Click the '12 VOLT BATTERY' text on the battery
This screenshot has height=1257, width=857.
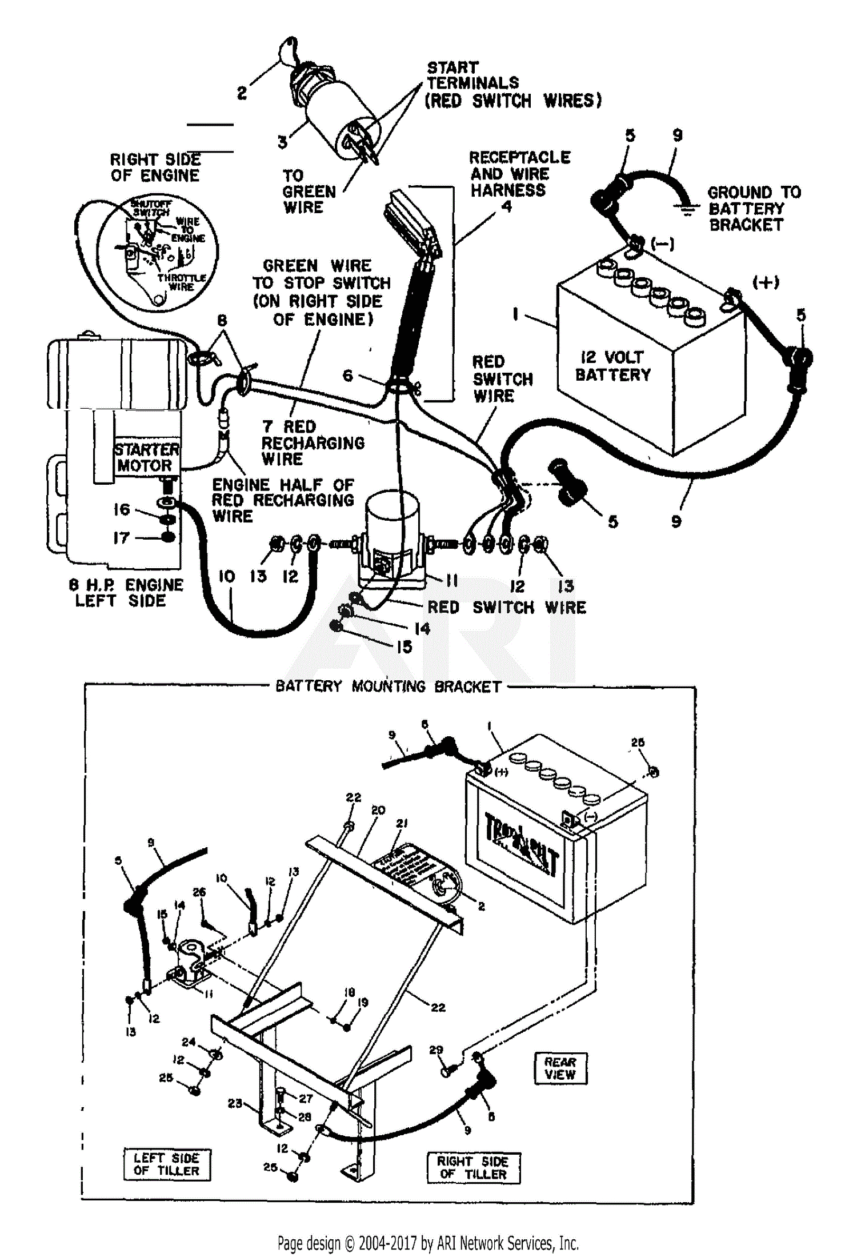pos(612,366)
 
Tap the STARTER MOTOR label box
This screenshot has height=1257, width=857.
pos(146,457)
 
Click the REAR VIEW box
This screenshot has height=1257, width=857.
pos(560,1068)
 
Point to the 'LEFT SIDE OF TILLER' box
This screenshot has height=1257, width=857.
pos(166,1164)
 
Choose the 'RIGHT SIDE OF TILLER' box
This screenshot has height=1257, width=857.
pos(473,1167)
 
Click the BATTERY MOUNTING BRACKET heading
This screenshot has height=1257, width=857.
pos(388,686)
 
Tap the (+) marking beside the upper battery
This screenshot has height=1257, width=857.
pos(766,282)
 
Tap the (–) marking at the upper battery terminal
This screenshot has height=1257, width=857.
pos(662,244)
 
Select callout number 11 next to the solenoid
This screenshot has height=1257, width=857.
pos(452,581)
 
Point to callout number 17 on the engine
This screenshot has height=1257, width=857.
pos(121,537)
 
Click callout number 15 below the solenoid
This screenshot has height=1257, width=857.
pos(404,647)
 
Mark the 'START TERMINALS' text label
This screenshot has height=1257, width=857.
pos(473,75)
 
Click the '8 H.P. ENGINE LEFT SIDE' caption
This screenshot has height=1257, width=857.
pos(126,593)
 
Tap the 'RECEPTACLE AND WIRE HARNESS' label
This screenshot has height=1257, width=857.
pos(519,173)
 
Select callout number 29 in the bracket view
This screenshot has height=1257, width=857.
pos(435,1050)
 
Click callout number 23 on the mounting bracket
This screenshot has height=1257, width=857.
pos(235,1103)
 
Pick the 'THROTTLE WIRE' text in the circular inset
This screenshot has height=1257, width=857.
pos(181,282)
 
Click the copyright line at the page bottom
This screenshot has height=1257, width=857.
pos(428,1243)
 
